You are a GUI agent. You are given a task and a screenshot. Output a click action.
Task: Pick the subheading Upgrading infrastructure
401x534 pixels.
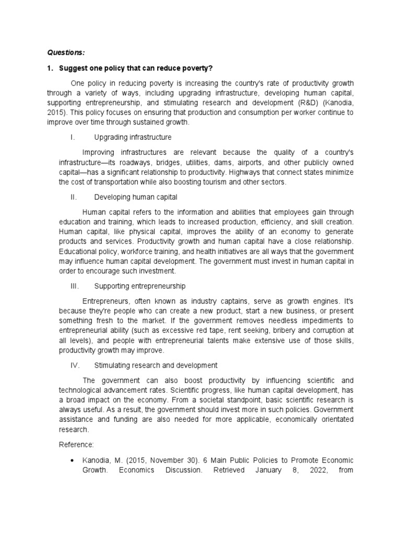[133, 137]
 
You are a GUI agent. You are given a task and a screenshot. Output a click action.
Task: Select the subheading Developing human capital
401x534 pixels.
[136, 197]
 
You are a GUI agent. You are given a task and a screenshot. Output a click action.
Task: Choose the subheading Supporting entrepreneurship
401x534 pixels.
[140, 286]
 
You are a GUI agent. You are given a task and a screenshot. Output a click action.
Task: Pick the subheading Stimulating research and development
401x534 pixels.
[156, 365]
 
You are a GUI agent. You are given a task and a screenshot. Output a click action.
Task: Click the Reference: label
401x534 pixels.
[75, 445]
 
